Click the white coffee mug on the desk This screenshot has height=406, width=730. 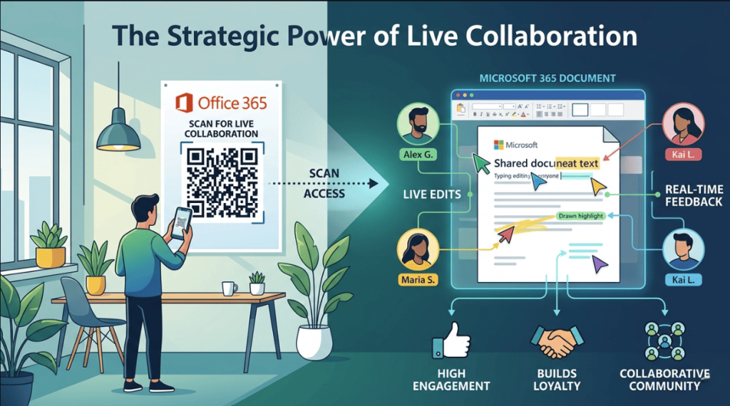229,288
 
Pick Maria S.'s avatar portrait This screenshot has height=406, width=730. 416,249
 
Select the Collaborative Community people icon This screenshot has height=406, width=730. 664,341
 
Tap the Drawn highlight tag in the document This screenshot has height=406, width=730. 580,215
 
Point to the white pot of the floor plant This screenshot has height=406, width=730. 314,341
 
